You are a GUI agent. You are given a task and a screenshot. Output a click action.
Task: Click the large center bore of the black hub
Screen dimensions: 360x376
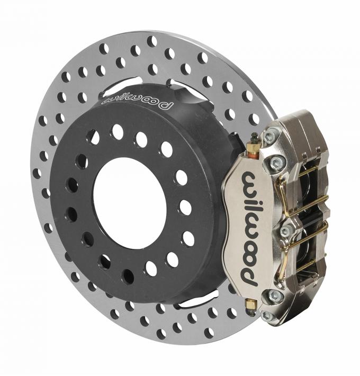click(130, 203)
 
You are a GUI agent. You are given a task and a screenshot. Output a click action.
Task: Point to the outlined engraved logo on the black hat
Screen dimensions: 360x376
click(137, 101)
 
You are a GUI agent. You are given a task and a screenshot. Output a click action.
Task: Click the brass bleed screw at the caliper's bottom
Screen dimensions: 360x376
click(251, 305)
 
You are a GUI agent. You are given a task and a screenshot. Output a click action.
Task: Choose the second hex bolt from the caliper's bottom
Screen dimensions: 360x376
click(272, 295)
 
